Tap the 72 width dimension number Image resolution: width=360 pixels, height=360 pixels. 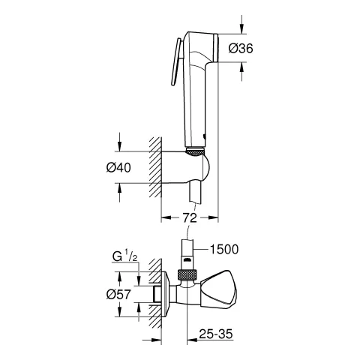click(190, 217)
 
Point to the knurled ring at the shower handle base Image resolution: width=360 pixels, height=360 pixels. click(193, 151)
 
